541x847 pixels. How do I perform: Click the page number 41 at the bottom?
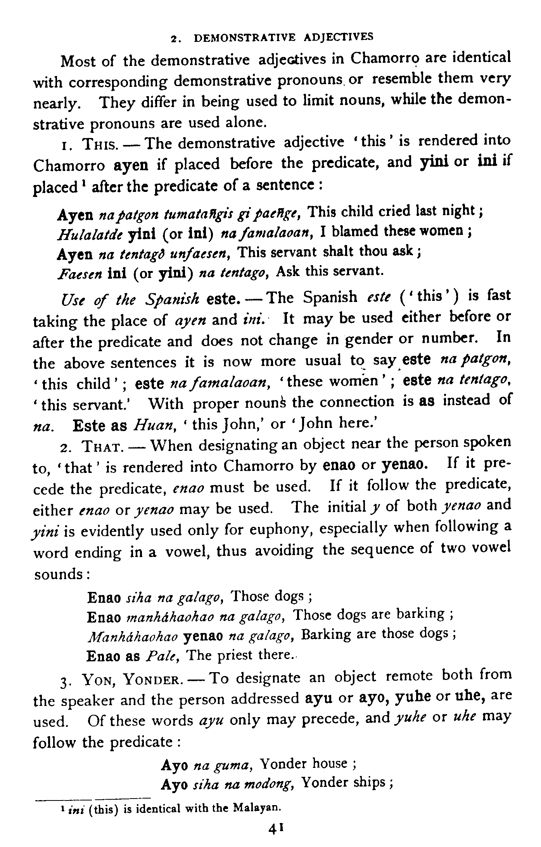pyautogui.click(x=276, y=828)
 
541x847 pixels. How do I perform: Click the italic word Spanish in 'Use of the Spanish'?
pyautogui.click(x=173, y=299)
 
